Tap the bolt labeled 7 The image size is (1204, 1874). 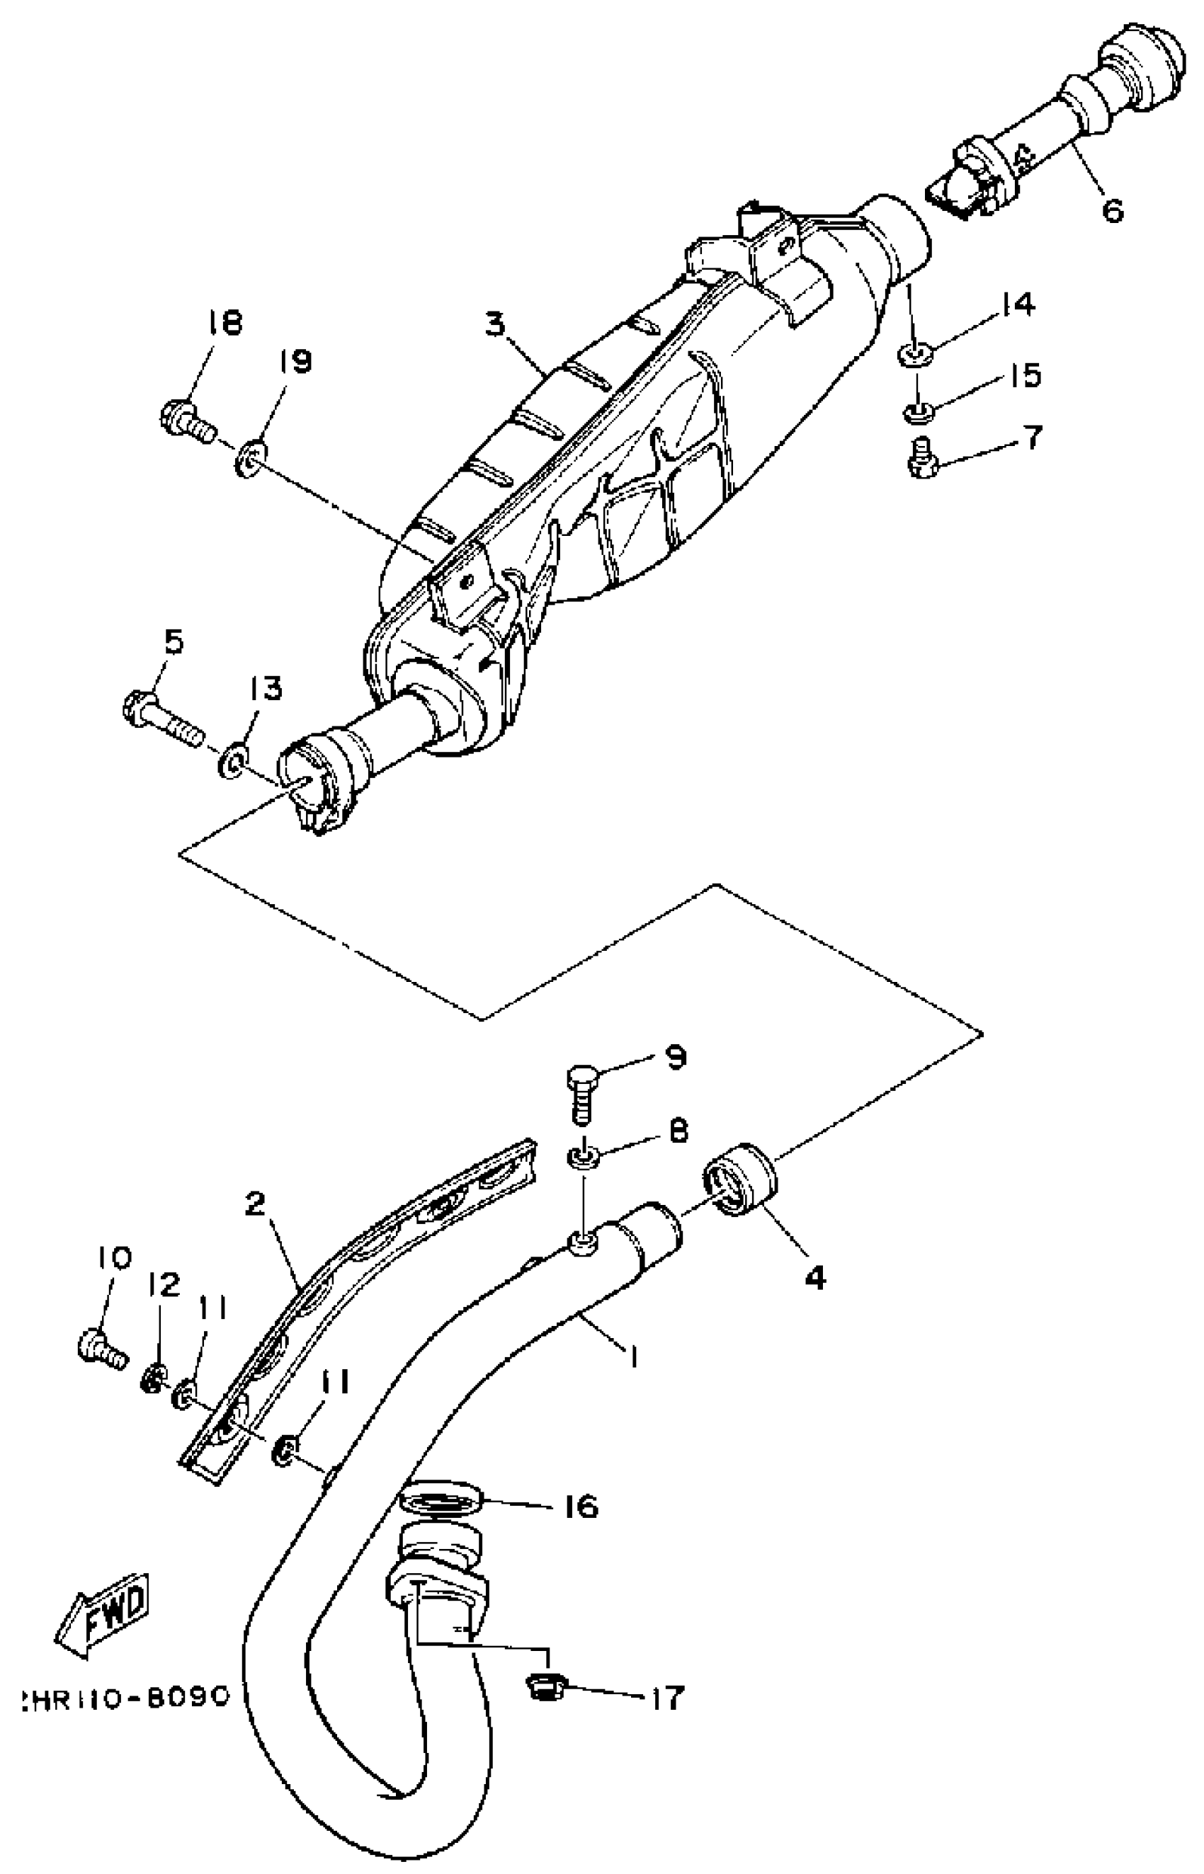click(x=924, y=457)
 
